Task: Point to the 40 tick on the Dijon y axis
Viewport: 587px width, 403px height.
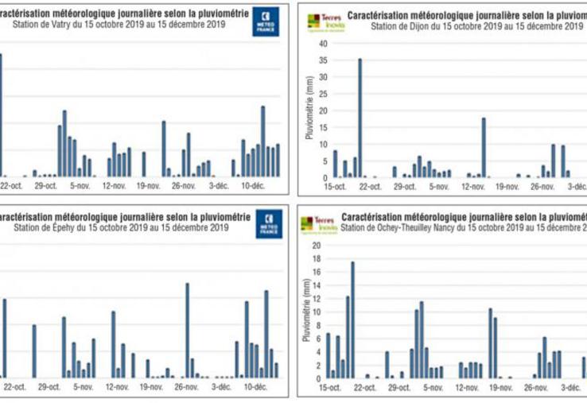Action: (x=321, y=44)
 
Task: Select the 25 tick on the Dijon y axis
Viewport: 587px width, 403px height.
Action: (x=321, y=94)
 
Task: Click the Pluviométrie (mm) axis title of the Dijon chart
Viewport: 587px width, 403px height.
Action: (x=309, y=110)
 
